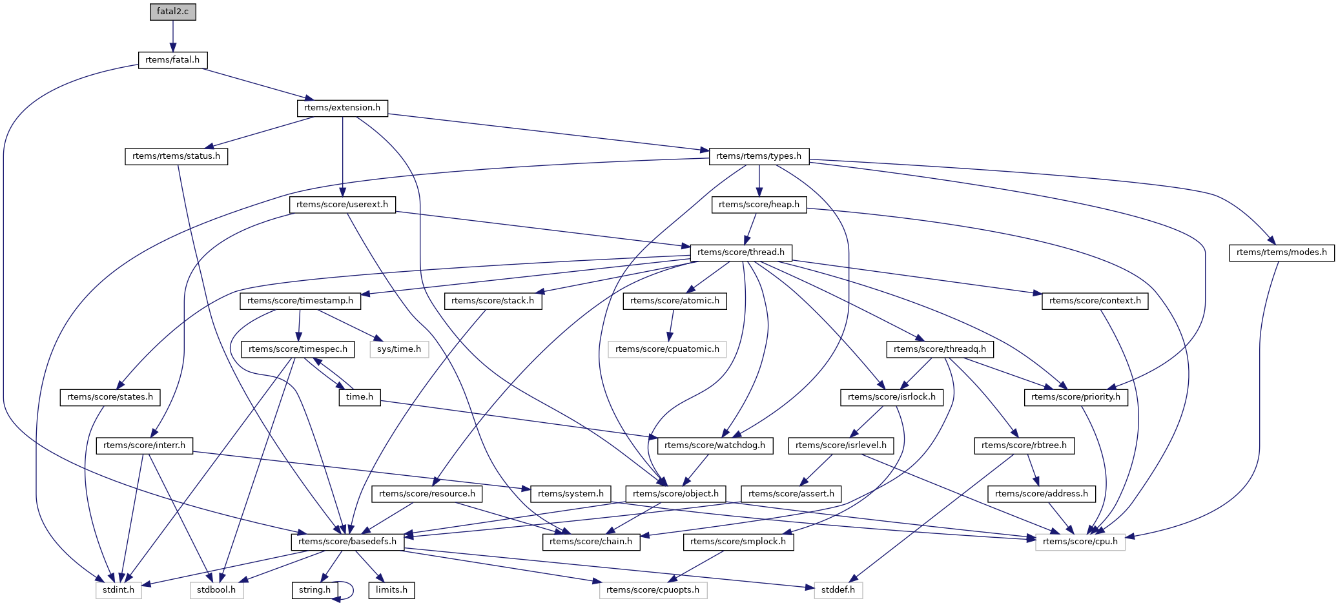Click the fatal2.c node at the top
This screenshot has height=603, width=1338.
tap(172, 12)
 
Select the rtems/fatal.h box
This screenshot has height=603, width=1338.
tap(172, 60)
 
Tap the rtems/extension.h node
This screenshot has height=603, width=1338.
tap(342, 108)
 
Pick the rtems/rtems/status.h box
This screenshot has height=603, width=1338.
tap(176, 156)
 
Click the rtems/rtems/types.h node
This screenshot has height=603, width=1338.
tap(759, 156)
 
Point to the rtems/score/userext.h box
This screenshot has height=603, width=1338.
tap(342, 205)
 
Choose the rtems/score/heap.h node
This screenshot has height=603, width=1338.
tap(759, 205)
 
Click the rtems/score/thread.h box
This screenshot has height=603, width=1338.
tap(741, 252)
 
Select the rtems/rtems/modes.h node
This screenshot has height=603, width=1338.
tap(1281, 252)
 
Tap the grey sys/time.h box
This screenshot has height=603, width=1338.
tap(399, 349)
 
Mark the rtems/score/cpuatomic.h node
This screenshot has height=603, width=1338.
tap(667, 349)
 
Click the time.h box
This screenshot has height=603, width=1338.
tap(360, 397)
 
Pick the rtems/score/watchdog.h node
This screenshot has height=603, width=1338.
tap(714, 445)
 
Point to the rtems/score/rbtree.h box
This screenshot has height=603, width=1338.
tap(1024, 445)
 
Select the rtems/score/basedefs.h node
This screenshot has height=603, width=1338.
tap(348, 542)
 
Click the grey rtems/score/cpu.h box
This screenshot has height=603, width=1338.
tap(1080, 542)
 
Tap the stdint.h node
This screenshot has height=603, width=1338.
tap(119, 590)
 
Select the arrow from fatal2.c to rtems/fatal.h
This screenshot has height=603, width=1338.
tap(172, 36)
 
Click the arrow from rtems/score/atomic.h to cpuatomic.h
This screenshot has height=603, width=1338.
tap(672, 325)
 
